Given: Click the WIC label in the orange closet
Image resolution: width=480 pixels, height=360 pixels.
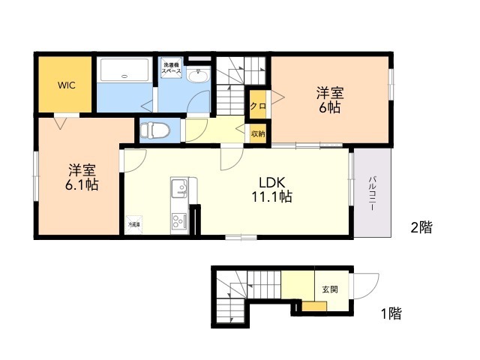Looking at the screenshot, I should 65,84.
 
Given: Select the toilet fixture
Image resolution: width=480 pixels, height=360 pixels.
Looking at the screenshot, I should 156,130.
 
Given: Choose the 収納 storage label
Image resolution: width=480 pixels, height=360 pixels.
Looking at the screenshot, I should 257,133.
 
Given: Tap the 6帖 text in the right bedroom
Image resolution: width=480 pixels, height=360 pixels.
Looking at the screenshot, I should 329,107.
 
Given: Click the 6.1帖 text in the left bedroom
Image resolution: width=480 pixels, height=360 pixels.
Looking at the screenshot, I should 82,184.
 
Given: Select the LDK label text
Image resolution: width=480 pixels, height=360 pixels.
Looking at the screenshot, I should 271,182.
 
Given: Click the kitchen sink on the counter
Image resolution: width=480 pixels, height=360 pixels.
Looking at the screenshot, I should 180,185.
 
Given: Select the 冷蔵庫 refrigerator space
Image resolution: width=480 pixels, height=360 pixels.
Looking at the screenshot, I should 133,223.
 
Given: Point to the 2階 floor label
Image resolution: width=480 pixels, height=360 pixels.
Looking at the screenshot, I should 420,227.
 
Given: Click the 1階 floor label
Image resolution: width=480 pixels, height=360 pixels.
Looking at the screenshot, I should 389,313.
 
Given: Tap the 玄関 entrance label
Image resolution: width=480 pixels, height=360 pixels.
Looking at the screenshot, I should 330,289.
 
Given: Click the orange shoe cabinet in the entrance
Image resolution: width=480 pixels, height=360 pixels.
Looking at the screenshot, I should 314,305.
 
